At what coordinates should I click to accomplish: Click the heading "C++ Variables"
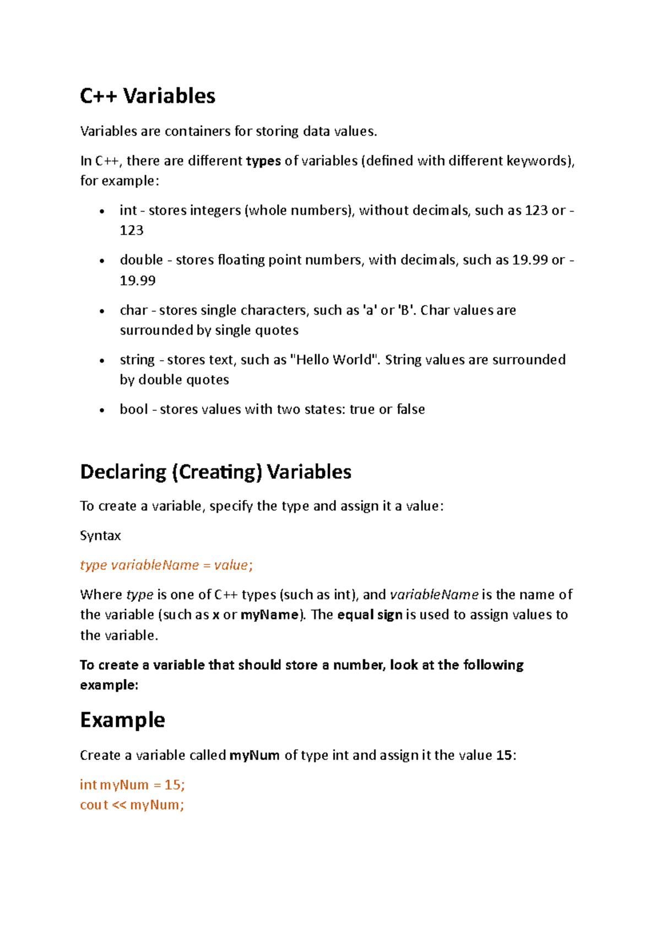tap(148, 96)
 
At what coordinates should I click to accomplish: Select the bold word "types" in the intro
tap(263, 161)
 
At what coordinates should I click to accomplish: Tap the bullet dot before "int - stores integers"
tap(102, 212)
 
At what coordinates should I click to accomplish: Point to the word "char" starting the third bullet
tap(134, 311)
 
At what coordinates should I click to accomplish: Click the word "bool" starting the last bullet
tap(134, 410)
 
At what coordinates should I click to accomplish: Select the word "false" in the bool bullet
tap(411, 410)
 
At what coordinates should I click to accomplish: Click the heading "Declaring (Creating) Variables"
tap(215, 472)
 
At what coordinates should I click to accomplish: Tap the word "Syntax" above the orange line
tap(100, 536)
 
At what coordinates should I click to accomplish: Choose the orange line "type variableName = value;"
tap(166, 566)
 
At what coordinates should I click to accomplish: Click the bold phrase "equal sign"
tap(370, 615)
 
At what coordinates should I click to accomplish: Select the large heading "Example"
tap(122, 720)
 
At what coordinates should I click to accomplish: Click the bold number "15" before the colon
tap(504, 756)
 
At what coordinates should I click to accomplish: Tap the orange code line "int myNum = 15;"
tap(132, 785)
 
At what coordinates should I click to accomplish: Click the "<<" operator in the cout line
tap(119, 805)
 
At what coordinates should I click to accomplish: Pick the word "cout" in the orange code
tap(94, 805)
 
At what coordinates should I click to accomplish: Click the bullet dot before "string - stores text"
tap(102, 361)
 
